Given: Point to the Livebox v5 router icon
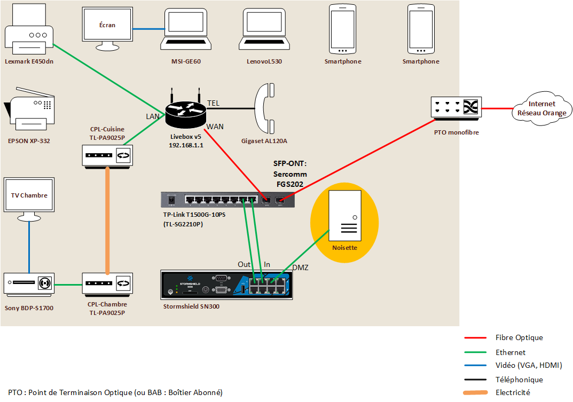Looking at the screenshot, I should coord(185,109).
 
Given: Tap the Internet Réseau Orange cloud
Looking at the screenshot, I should coord(541,108).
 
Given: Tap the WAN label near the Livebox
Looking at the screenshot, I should coord(215,127).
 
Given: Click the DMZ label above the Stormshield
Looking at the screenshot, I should coord(300,267).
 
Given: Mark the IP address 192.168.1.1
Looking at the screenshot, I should coord(185,145).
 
